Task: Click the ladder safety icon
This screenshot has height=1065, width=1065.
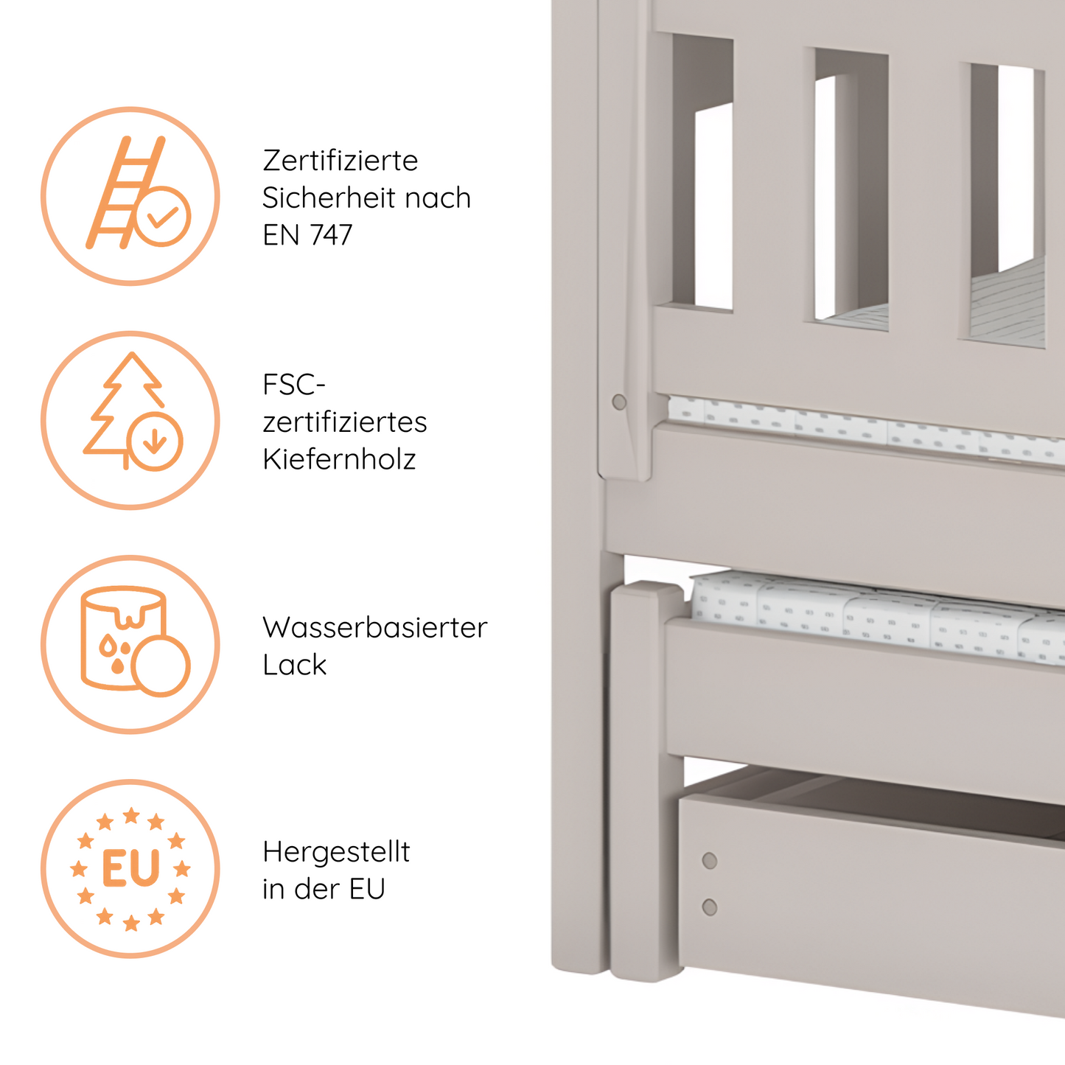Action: pyautogui.click(x=130, y=196)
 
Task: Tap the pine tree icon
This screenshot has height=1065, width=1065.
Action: pyautogui.click(x=130, y=420)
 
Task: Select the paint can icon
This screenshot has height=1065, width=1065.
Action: pyautogui.click(x=130, y=644)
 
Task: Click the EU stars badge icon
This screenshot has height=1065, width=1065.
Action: pyautogui.click(x=130, y=868)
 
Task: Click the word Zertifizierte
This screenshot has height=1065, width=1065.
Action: pyautogui.click(x=340, y=161)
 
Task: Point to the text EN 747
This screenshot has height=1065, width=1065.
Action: pyautogui.click(x=307, y=235)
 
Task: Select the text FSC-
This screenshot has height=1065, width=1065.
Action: pyautogui.click(x=293, y=385)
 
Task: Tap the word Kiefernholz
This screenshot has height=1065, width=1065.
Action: pyautogui.click(x=339, y=459)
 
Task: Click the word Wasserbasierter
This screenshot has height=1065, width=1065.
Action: pyautogui.click(x=374, y=628)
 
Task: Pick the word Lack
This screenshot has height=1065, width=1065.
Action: pyautogui.click(x=294, y=665)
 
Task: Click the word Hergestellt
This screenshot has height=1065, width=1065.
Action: pyautogui.click(x=336, y=852)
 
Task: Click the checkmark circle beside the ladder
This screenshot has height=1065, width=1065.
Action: pyautogui.click(x=163, y=216)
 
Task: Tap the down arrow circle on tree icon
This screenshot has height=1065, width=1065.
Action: pyautogui.click(x=155, y=441)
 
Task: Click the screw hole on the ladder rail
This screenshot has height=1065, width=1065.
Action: pyautogui.click(x=619, y=402)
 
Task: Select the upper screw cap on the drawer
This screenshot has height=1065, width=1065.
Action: pyautogui.click(x=710, y=861)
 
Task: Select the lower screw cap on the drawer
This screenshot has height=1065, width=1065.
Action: pyautogui.click(x=710, y=907)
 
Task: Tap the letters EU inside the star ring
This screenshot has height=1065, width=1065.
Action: pyautogui.click(x=130, y=869)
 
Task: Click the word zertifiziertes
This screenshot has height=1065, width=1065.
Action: pyautogui.click(x=344, y=422)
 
